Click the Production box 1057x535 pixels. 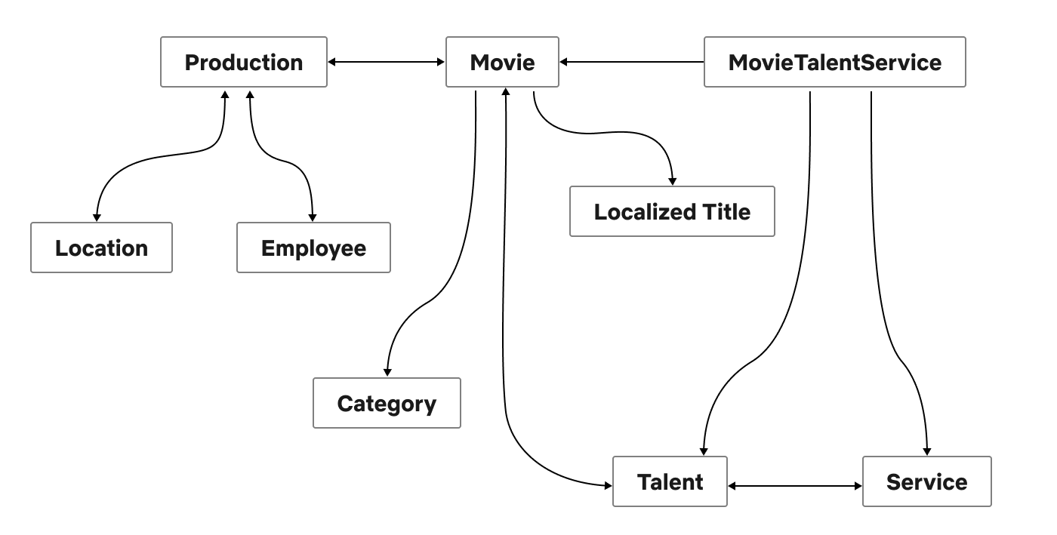coord(244,62)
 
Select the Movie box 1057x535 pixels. coord(502,62)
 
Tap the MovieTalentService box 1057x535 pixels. coord(834,62)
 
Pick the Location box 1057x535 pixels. coord(101,248)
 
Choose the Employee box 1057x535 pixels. coord(313,248)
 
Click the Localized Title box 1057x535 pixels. coord(672,211)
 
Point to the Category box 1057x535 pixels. coord(387,403)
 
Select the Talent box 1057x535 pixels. coord(670,481)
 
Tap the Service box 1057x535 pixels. coord(926,481)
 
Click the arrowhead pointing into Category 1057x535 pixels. coord(387,372)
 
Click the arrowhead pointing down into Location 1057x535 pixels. coord(97,217)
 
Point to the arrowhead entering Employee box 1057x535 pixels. coord(311,217)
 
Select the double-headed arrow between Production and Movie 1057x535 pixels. coord(386,62)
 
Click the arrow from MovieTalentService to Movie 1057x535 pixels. coord(631,62)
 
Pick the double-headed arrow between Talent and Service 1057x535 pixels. coord(794,486)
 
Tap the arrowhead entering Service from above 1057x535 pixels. coord(926,450)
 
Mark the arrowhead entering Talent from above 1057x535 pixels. coord(704,450)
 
